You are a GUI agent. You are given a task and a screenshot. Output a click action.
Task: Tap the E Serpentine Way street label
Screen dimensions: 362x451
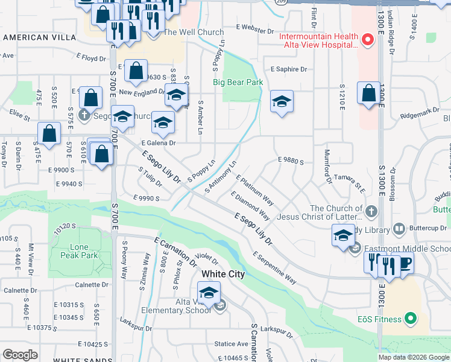(x=274, y=268)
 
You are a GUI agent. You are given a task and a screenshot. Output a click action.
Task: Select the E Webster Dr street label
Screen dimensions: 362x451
(x=254, y=27)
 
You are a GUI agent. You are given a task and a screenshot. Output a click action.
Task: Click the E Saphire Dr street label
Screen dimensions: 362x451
(x=289, y=69)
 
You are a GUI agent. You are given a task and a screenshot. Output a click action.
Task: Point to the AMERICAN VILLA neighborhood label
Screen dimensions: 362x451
(x=34, y=37)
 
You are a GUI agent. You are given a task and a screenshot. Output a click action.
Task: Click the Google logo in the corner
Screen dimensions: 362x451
(x=20, y=355)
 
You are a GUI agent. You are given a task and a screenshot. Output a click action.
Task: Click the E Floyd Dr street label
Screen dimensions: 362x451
(x=91, y=59)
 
